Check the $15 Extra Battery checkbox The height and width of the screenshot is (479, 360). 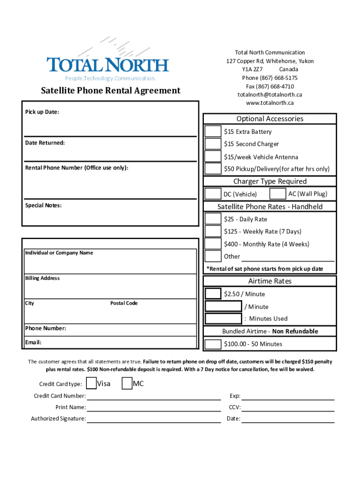pos(213,131)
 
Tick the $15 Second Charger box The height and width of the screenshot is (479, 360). pos(213,144)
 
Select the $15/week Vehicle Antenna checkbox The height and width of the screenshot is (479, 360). pos(213,156)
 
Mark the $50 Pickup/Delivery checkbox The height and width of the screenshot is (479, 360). pos(213,168)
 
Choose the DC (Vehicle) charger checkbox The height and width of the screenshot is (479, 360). pos(213,194)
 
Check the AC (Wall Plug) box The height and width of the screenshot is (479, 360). pos(278,194)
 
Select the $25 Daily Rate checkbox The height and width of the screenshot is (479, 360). pos(213,218)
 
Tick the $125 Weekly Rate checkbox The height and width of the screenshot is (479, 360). pos(213,231)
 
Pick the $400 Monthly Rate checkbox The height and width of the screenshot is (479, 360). pos(213,244)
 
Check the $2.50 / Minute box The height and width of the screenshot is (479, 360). pos(213,293)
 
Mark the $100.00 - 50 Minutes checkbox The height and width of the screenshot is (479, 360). pos(213,344)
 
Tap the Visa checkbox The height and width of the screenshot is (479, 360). pos(92,384)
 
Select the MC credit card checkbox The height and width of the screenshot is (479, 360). pos(127,384)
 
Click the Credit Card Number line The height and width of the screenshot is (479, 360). pos(154,399)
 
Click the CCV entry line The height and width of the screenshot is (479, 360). pos(288,410)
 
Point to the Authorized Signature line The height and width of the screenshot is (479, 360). pos(154,421)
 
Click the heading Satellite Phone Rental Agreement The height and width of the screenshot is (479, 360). pos(110,90)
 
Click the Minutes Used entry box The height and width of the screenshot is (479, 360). pos(223,319)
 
